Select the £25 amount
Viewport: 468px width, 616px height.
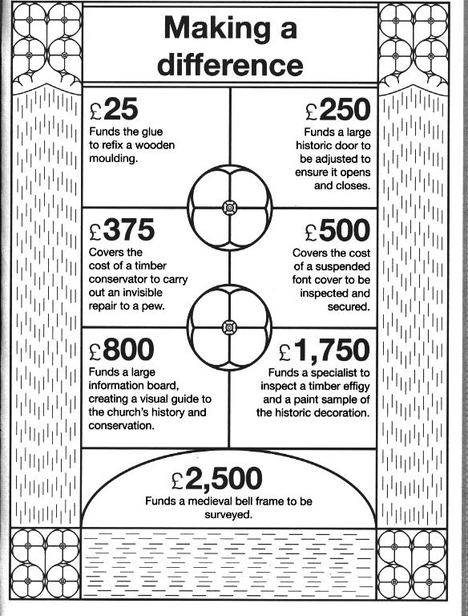114,109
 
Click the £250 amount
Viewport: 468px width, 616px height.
337,110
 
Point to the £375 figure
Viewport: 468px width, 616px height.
122,230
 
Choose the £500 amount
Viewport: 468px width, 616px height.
337,231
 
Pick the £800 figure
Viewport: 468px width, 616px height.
121,350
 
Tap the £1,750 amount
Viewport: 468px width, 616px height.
325,351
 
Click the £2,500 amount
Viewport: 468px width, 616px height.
217,479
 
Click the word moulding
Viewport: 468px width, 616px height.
113,159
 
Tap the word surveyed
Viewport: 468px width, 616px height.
228,515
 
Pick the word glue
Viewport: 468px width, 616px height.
152,132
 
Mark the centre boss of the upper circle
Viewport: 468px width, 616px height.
229,208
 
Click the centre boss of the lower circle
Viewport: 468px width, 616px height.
229,327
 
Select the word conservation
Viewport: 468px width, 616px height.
121,426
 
